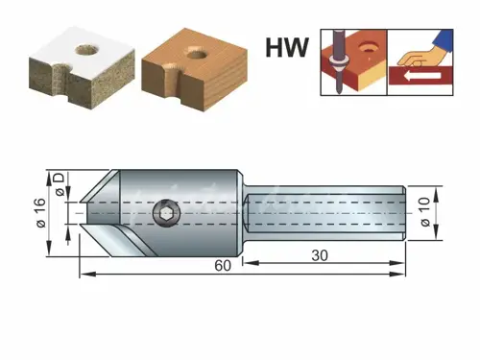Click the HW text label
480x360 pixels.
287,44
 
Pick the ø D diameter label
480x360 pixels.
60,184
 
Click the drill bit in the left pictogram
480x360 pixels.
333,58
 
